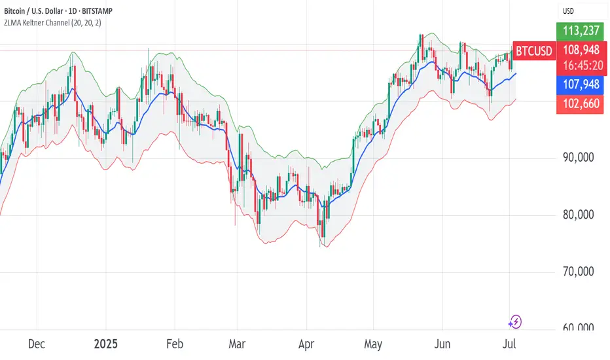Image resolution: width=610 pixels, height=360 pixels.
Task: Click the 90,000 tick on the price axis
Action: [580, 158]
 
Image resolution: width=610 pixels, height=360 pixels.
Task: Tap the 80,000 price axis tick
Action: [580, 215]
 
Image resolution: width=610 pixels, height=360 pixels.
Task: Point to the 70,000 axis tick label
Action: [580, 272]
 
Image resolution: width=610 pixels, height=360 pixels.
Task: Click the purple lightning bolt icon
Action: [515, 321]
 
